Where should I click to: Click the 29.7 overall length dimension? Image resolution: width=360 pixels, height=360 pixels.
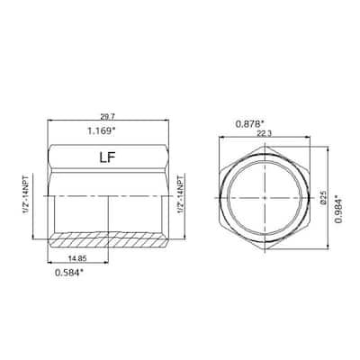point(108,117)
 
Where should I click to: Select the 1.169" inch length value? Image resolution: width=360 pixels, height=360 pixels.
point(108,130)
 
